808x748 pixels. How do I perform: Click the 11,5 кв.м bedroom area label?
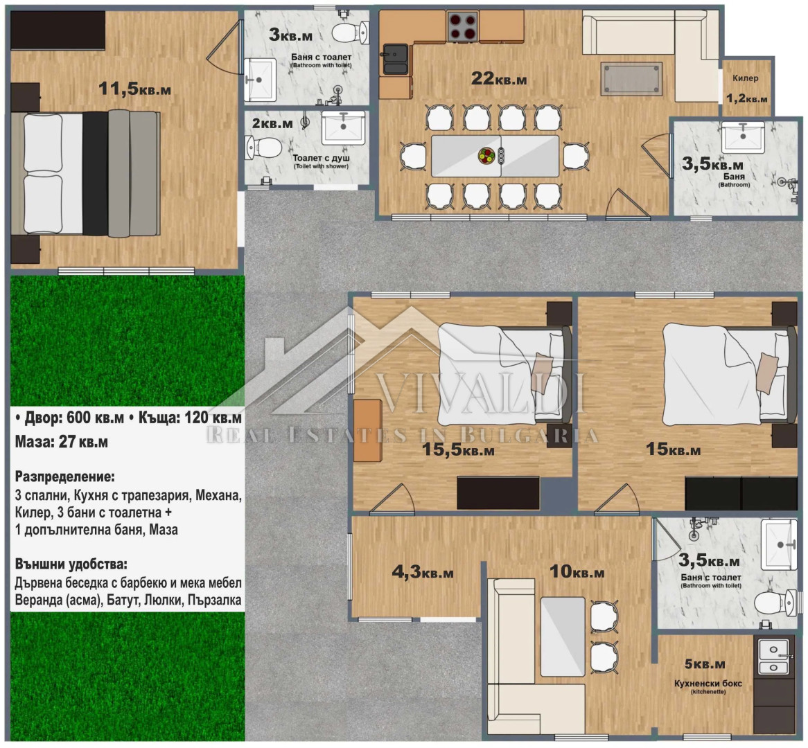coord(134,89)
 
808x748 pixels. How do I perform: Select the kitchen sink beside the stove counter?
coord(395,60)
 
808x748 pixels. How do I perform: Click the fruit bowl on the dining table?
coord(486,155)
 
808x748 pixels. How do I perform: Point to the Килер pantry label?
coord(745,78)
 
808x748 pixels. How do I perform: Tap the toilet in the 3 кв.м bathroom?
coord(349,33)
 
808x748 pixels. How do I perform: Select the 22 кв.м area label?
coord(499,78)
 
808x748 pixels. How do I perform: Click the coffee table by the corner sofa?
coord(631,79)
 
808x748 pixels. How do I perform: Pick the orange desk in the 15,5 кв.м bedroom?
coord(367,431)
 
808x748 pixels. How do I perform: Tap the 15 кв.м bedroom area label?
coord(673,449)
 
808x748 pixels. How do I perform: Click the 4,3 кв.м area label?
coord(423,572)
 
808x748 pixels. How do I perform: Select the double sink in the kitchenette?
coord(773,658)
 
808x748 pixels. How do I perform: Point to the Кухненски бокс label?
coord(708,683)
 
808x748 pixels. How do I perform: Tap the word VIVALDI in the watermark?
coord(482,395)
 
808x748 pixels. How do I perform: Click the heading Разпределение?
coord(65,477)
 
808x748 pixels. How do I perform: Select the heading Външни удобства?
coord(71,564)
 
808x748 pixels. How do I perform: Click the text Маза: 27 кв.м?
coord(61,442)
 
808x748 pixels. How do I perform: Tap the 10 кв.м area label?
coord(577,571)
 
